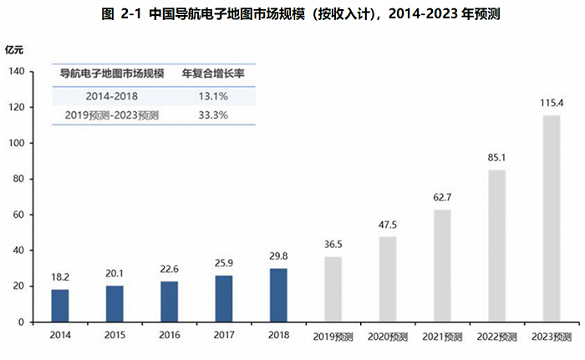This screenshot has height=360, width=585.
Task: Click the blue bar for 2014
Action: click(x=59, y=306)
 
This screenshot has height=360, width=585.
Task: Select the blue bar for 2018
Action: click(x=278, y=295)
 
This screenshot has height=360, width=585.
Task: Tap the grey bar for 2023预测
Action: click(x=551, y=219)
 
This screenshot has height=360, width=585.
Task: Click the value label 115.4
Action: click(x=551, y=103)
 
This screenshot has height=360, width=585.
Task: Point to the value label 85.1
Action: click(x=496, y=157)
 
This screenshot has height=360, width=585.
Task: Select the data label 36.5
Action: click(x=333, y=244)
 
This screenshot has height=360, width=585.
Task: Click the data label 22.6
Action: click(x=170, y=269)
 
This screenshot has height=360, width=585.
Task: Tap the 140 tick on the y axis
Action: click(x=18, y=72)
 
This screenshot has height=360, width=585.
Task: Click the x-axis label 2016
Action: click(x=170, y=336)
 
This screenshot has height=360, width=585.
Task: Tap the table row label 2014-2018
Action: click(x=111, y=96)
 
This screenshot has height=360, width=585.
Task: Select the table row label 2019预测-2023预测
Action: click(x=111, y=115)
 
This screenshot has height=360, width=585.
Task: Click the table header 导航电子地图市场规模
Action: click(x=111, y=74)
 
